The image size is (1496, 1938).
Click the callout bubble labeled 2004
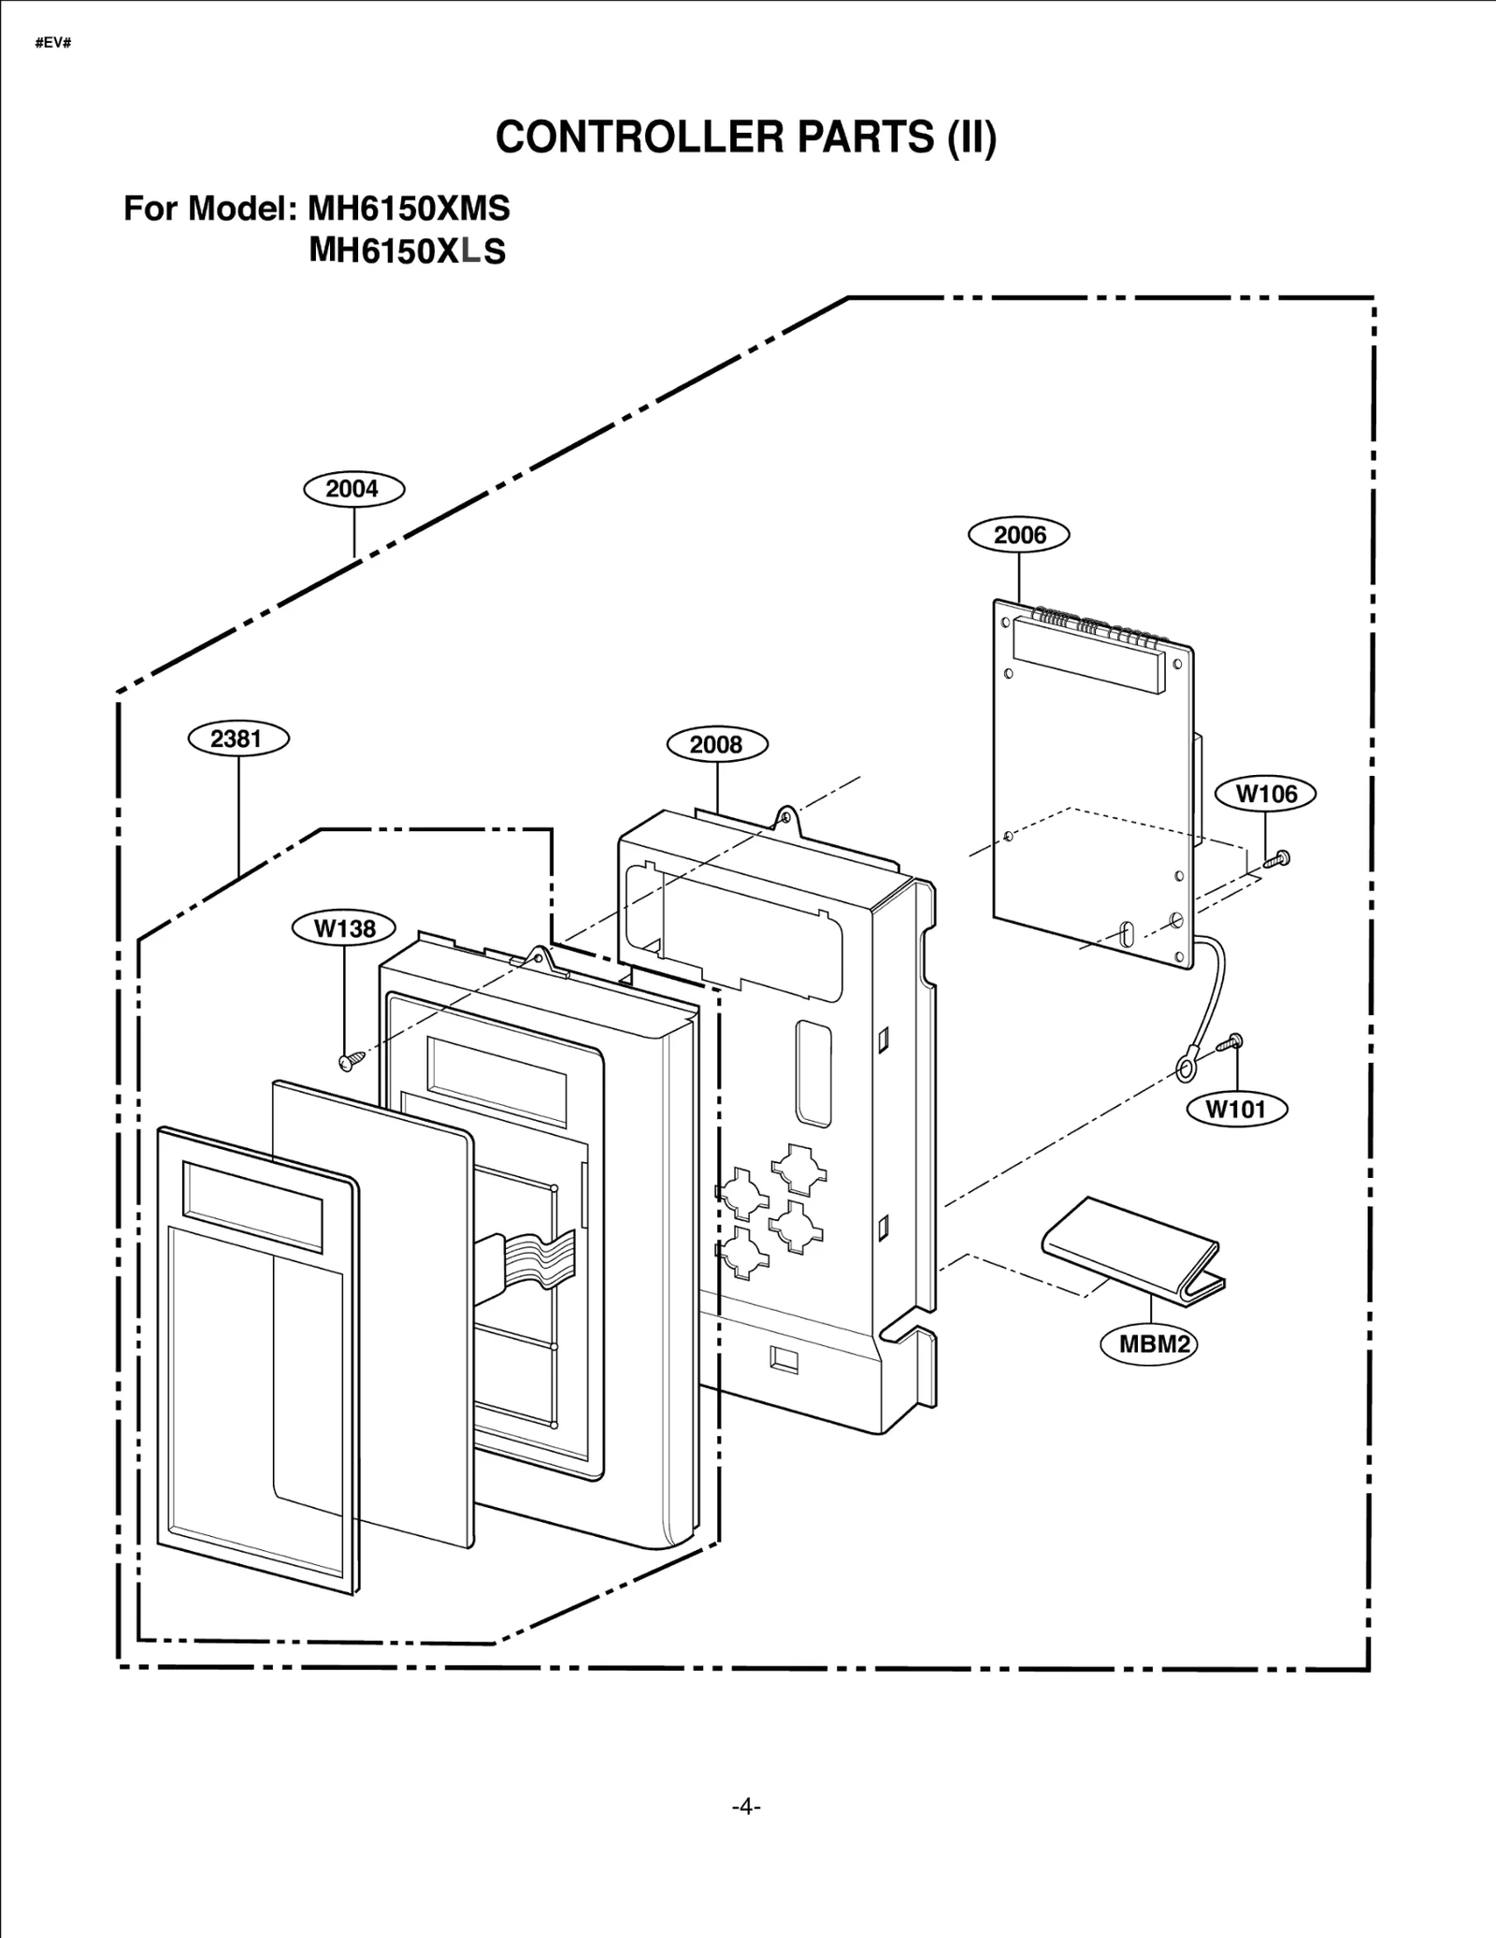click(x=353, y=489)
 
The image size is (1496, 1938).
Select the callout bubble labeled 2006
click(x=1018, y=535)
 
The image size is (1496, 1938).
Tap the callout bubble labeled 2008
click(x=716, y=744)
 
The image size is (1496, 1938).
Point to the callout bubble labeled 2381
click(x=237, y=739)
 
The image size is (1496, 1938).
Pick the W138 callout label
click(x=344, y=928)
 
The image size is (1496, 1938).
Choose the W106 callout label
click(x=1265, y=794)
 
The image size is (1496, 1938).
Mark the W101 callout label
click(x=1236, y=1109)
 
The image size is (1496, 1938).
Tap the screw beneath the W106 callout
click(x=1277, y=858)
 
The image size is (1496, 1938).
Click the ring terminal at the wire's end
click(x=1187, y=1066)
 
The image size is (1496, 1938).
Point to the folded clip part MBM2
click(x=1131, y=1243)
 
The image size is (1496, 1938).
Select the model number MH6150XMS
click(x=409, y=208)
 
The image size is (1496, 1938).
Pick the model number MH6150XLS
click(x=407, y=251)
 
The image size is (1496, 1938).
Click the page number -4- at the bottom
click(x=746, y=1806)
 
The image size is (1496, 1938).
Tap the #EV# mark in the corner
click(x=52, y=44)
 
